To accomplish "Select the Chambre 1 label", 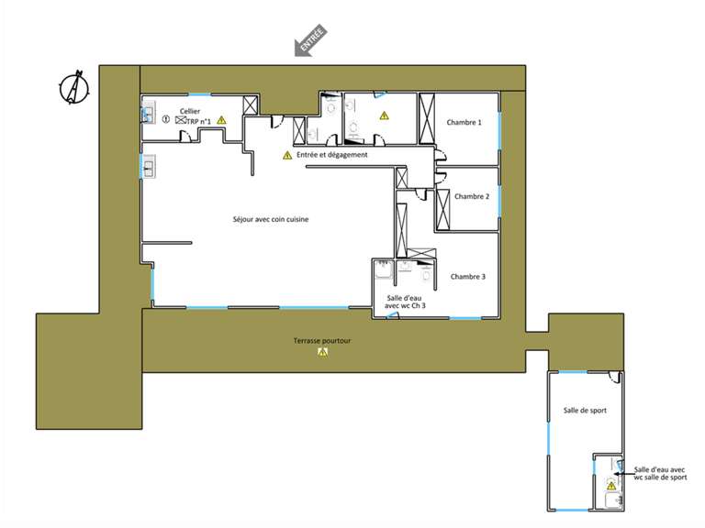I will (x=464, y=122).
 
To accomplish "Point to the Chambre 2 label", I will (x=472, y=196).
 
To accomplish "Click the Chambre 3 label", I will (x=467, y=276).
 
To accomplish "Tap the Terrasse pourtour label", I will (x=322, y=340).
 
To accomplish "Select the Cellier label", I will (x=190, y=111).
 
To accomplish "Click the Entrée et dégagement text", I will (x=331, y=155).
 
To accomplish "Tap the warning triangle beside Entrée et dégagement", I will (x=287, y=156).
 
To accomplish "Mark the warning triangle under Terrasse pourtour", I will (x=322, y=352).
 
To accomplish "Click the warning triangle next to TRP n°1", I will (x=221, y=120).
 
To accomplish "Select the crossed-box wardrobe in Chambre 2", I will (x=443, y=210).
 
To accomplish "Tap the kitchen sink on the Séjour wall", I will (x=149, y=167).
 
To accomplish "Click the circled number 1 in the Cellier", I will (x=166, y=119).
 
